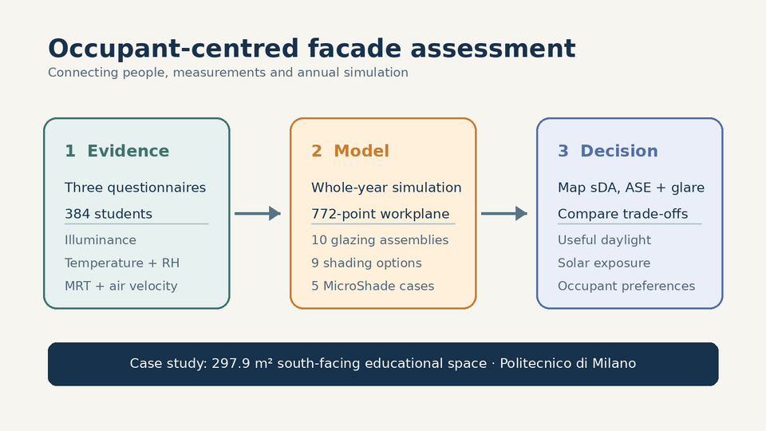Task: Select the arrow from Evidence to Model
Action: [x=258, y=214]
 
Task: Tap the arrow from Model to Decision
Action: [x=504, y=214]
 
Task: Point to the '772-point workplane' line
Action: [x=380, y=214]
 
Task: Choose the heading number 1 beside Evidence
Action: [x=70, y=151]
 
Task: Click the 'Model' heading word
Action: [x=361, y=151]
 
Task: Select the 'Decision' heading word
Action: [x=619, y=151]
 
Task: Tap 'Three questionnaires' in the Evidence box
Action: [x=136, y=188]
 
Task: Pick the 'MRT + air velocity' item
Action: [x=121, y=286]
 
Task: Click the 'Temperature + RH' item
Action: [x=122, y=263]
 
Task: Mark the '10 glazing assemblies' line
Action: [x=380, y=240]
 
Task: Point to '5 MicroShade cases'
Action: [x=373, y=286]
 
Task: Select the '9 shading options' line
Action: [x=366, y=263]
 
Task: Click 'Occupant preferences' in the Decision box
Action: [x=626, y=286]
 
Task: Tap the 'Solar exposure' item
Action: [x=604, y=263]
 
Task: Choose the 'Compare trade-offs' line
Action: [x=623, y=214]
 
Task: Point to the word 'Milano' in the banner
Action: [x=614, y=364]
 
